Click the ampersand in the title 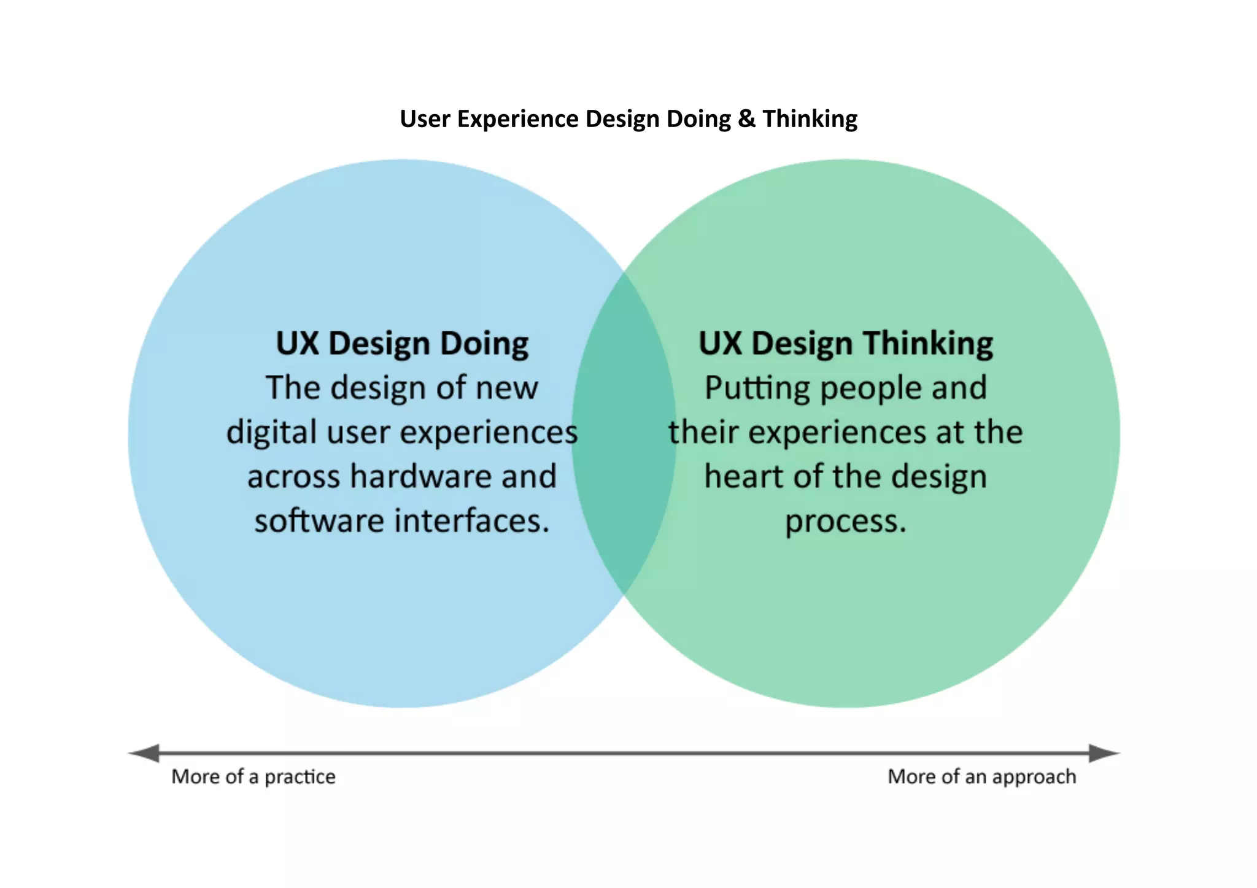(x=746, y=119)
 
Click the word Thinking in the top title (x=810, y=119)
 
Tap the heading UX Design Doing (x=402, y=344)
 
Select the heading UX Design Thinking (x=845, y=344)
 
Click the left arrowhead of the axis (x=145, y=753)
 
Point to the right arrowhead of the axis (x=1104, y=753)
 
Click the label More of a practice (x=253, y=777)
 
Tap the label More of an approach (x=981, y=777)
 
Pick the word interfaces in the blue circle (x=471, y=521)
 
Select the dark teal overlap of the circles (x=624, y=433)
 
